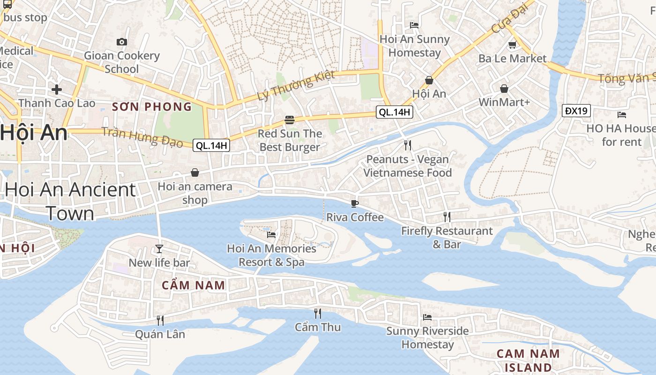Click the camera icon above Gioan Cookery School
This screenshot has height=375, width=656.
click(122, 42)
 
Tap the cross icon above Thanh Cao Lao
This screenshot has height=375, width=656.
click(57, 89)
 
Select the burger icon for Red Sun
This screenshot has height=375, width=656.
click(290, 120)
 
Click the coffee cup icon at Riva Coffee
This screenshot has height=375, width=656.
click(355, 203)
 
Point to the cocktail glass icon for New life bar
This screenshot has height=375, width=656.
click(159, 249)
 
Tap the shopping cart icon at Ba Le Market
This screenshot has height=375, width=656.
click(512, 45)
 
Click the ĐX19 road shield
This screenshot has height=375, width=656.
click(576, 111)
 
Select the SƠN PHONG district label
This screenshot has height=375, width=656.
click(152, 107)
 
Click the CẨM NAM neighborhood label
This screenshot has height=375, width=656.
click(193, 285)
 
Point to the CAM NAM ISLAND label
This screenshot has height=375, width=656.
click(528, 360)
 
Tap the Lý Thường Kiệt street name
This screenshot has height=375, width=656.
click(296, 85)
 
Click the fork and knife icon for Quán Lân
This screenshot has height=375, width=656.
click(160, 320)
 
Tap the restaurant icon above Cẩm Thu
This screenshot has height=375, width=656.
click(318, 313)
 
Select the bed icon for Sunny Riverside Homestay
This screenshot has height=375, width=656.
click(427, 317)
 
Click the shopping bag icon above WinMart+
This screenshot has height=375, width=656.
click(504, 89)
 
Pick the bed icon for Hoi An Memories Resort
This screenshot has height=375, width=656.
click(271, 234)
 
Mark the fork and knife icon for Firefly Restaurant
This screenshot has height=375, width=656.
click(447, 217)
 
